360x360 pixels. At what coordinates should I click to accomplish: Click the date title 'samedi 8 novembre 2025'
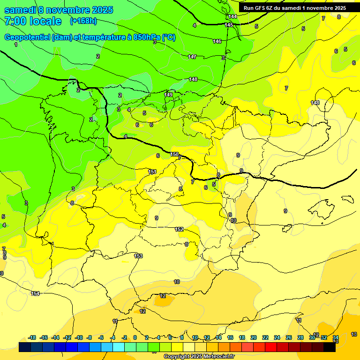point(59,10)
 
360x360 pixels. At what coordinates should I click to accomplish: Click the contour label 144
point(233,16)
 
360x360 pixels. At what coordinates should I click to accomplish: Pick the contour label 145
point(229,25)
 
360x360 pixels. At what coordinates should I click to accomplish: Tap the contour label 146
point(217,41)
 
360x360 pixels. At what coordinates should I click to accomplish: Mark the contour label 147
point(192,57)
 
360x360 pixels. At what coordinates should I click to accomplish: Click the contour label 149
point(168,95)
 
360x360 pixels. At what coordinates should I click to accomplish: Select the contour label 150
point(174,154)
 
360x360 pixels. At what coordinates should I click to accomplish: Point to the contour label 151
point(152,172)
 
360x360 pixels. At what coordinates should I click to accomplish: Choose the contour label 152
point(179,229)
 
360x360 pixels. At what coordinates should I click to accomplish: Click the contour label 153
point(138,256)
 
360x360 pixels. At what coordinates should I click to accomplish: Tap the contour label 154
point(35,293)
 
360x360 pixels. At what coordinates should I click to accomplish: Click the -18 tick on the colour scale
point(32,337)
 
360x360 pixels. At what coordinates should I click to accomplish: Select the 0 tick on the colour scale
point(135,337)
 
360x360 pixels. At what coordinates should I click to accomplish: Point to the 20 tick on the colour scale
point(253,337)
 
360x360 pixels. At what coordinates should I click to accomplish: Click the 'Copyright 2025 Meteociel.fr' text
point(199,356)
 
